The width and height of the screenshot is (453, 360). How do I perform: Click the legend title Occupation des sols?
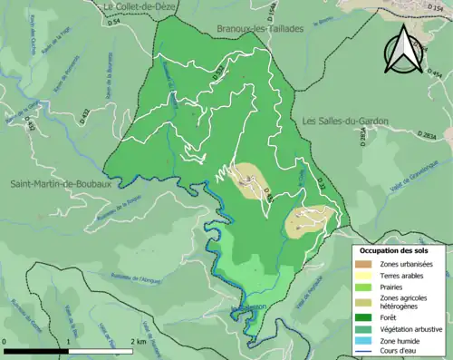[393, 250]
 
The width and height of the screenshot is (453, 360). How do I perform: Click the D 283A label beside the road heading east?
[427, 136]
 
